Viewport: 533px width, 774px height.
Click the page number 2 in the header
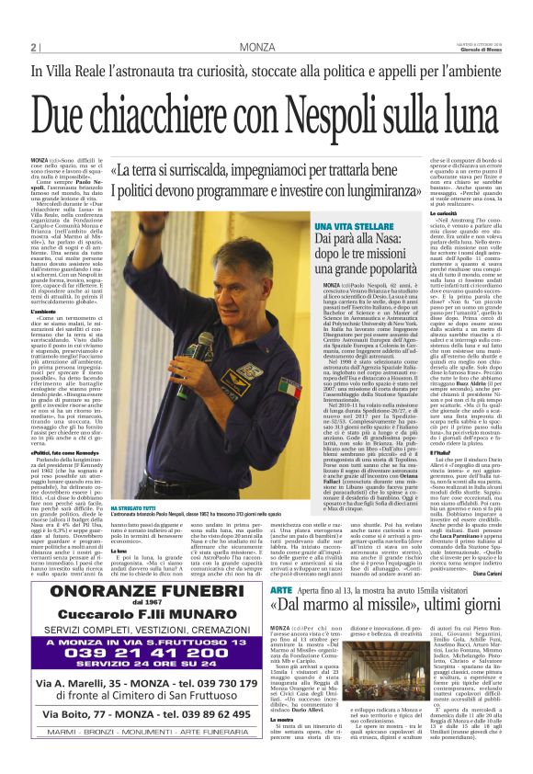coord(33,47)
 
